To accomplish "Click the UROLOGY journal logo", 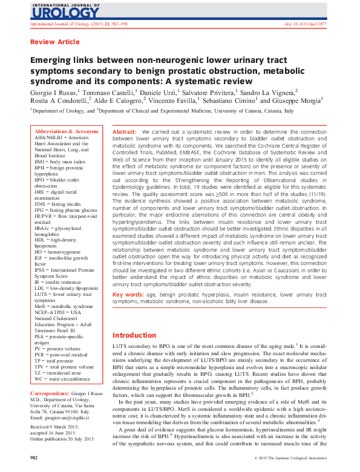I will [x=56, y=11].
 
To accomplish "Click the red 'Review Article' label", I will [x=54, y=42].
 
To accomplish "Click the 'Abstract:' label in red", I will [x=125, y=131].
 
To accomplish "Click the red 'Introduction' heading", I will [x=134, y=335].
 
